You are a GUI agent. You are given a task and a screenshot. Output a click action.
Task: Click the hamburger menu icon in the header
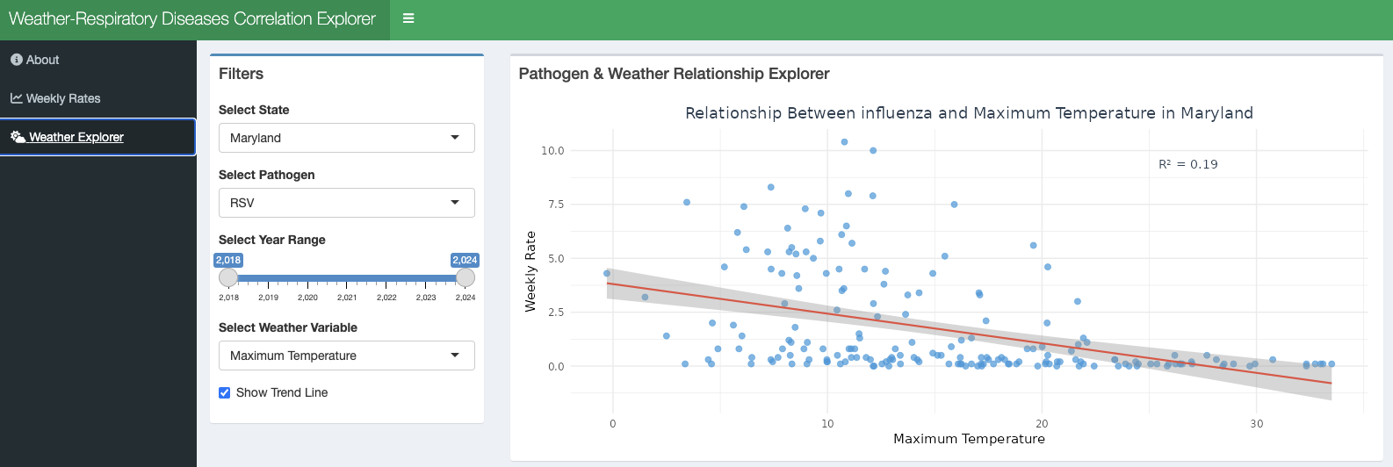(x=408, y=18)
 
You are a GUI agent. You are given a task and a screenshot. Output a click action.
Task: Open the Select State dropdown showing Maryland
(x=346, y=138)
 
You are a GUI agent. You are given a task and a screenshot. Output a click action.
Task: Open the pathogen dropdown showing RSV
(x=346, y=203)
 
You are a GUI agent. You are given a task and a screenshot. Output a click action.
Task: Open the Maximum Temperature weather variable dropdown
(x=346, y=356)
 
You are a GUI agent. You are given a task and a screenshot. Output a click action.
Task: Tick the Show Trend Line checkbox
(x=225, y=393)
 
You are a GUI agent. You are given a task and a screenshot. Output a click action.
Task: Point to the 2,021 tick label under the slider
(x=347, y=298)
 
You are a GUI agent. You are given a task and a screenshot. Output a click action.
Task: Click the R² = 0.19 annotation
(x=1188, y=164)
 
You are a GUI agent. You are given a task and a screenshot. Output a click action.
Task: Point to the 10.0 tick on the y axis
(x=552, y=151)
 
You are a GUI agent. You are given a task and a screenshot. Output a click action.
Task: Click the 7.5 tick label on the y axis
(x=555, y=205)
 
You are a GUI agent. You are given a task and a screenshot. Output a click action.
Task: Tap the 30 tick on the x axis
(x=1257, y=424)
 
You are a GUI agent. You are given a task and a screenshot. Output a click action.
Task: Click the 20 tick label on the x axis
(x=1042, y=424)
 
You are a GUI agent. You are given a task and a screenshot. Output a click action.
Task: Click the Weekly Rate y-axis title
(x=530, y=271)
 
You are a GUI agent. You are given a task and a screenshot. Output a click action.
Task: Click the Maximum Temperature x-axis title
(x=969, y=439)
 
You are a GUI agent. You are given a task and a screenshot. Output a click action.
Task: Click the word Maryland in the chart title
(x=1216, y=113)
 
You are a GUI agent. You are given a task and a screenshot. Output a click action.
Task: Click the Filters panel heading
(x=242, y=74)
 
